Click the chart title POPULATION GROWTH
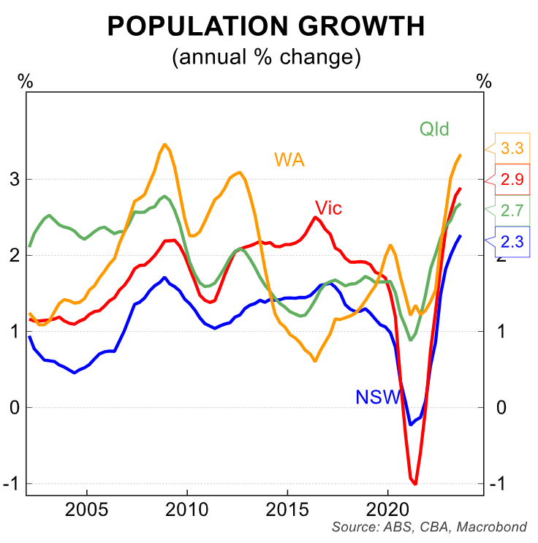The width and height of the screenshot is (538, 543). click(x=266, y=27)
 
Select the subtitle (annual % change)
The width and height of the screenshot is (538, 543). click(x=266, y=57)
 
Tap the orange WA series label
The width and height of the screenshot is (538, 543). click(x=289, y=159)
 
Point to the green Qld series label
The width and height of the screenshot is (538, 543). click(x=433, y=130)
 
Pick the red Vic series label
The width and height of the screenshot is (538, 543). click(x=328, y=208)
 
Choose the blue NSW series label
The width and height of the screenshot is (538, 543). click(x=378, y=398)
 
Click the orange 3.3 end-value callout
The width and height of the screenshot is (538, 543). click(x=512, y=148)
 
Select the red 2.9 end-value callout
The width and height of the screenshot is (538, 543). click(x=512, y=180)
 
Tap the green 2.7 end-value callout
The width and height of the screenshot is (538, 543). click(x=512, y=210)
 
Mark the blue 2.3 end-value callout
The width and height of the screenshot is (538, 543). click(x=512, y=241)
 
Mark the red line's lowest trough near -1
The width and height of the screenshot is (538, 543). click(x=415, y=483)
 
